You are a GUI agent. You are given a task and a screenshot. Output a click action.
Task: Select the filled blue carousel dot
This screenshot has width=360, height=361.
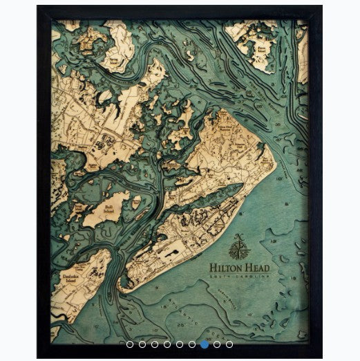204,342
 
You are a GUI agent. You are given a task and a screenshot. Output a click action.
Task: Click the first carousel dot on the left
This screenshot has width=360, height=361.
129,342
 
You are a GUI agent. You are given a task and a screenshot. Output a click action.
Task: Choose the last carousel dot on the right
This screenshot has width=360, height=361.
229,342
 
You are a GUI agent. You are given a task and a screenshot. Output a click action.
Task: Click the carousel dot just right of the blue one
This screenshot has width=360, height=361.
216,342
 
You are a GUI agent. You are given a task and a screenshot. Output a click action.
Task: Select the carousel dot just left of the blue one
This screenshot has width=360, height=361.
191,342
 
